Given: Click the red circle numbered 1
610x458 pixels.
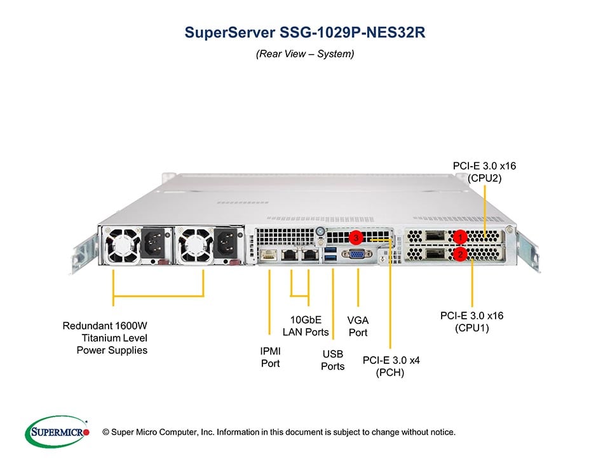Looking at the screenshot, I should pyautogui.click(x=460, y=237).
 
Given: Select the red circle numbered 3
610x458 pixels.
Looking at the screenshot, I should pyautogui.click(x=357, y=237).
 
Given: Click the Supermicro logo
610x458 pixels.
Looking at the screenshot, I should pyautogui.click(x=57, y=432).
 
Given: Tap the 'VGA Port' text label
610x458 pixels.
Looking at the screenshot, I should pyautogui.click(x=358, y=326).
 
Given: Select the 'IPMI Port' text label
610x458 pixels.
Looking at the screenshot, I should pyautogui.click(x=270, y=357).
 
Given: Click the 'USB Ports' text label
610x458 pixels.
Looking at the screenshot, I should pyautogui.click(x=332, y=359).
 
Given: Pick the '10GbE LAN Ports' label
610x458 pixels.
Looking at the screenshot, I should pyautogui.click(x=306, y=326).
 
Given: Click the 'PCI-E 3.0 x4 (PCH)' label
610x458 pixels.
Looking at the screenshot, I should pyautogui.click(x=391, y=366).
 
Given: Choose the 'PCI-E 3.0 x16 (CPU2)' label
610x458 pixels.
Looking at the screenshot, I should pyautogui.click(x=484, y=172).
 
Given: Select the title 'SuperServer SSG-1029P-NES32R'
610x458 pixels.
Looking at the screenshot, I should pyautogui.click(x=305, y=32).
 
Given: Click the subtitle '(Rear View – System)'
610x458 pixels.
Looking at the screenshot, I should pyautogui.click(x=305, y=54).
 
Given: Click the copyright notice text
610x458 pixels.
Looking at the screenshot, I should pyautogui.click(x=283, y=433).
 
